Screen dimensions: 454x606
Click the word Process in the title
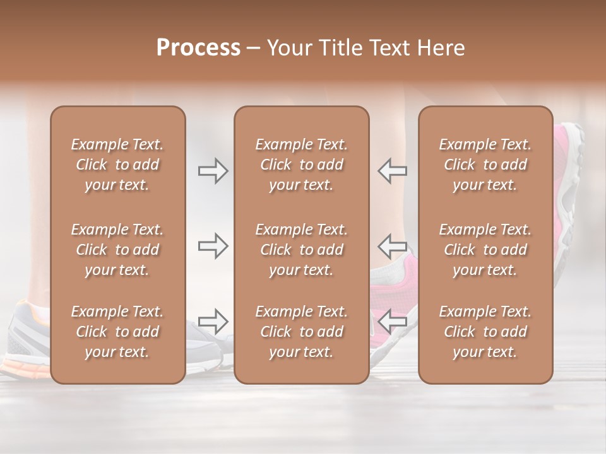(198, 48)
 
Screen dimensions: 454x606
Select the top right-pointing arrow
(213, 170)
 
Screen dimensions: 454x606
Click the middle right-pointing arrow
(213, 245)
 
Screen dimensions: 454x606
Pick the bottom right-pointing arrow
(213, 321)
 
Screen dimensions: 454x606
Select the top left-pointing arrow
(392, 170)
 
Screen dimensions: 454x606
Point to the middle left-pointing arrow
(392, 245)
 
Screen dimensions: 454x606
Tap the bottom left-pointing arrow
(392, 321)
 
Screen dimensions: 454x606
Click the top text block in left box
(117, 165)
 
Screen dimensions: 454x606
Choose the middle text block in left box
(117, 250)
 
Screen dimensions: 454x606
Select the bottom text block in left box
(117, 332)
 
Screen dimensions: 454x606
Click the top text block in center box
(301, 165)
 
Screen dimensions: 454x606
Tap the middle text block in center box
(301, 250)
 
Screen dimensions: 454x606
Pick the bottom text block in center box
(301, 332)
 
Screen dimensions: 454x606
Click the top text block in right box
(485, 165)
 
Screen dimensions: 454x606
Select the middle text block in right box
(485, 250)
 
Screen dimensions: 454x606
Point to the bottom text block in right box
(485, 332)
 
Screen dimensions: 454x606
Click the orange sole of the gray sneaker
(22, 366)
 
